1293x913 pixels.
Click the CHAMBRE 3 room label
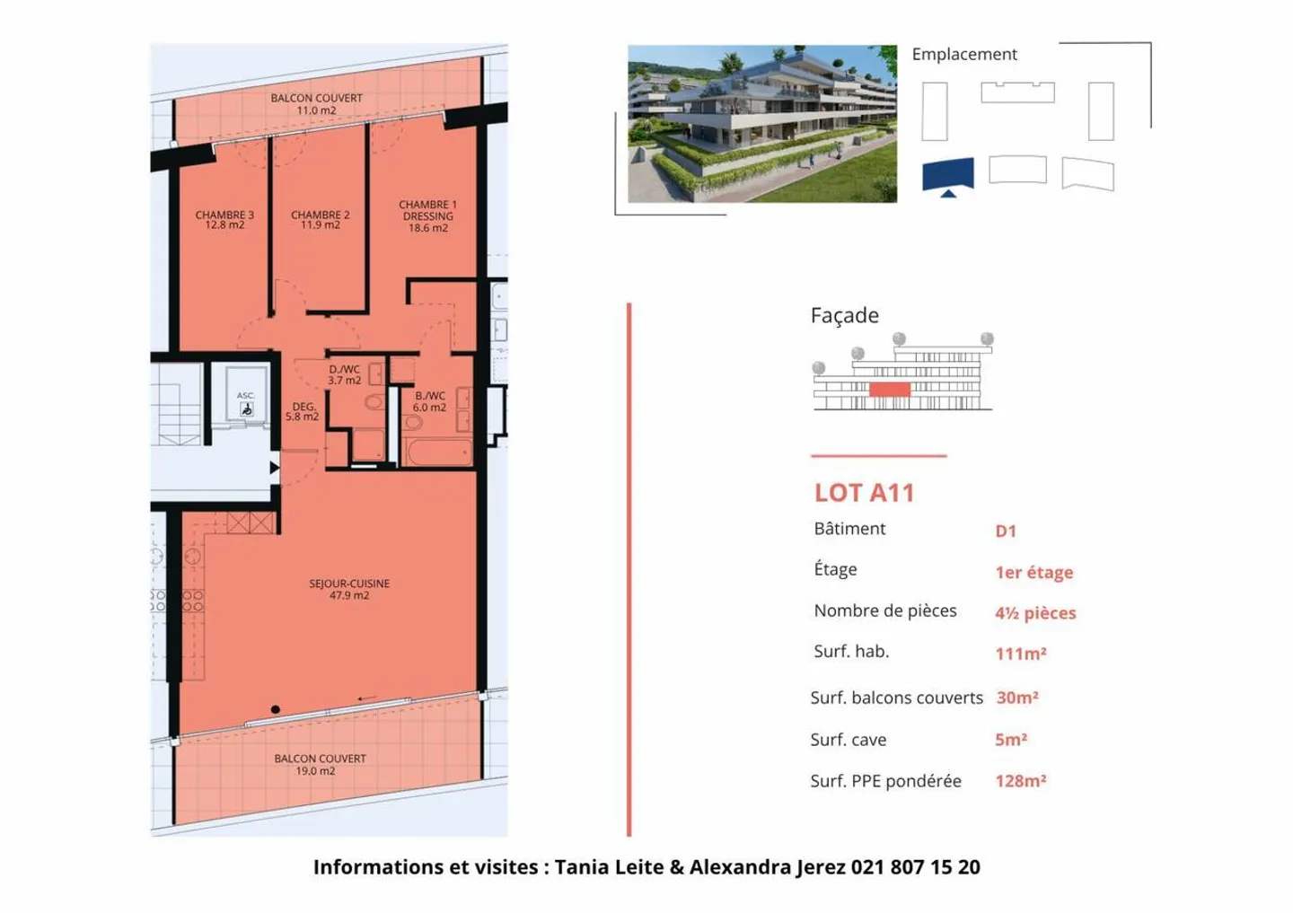(224, 220)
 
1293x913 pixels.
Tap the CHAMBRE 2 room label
(321, 220)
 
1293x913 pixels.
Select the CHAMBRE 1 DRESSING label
(427, 216)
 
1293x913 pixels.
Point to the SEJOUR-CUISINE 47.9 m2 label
(349, 589)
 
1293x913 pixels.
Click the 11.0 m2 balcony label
(316, 104)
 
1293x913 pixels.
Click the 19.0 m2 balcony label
(320, 765)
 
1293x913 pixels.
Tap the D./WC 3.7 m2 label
(344, 375)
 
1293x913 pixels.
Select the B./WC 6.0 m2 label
(429, 401)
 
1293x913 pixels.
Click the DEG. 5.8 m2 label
(303, 412)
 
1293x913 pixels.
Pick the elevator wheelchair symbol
(246, 409)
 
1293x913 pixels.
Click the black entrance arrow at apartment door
(275, 468)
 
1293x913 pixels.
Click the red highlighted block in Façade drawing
(889, 390)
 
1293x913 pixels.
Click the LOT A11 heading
(864, 493)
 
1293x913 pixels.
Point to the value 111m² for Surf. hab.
(1021, 654)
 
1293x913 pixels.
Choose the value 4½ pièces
(1035, 613)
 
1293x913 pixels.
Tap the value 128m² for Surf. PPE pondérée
(1021, 781)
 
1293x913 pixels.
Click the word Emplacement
(964, 55)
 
